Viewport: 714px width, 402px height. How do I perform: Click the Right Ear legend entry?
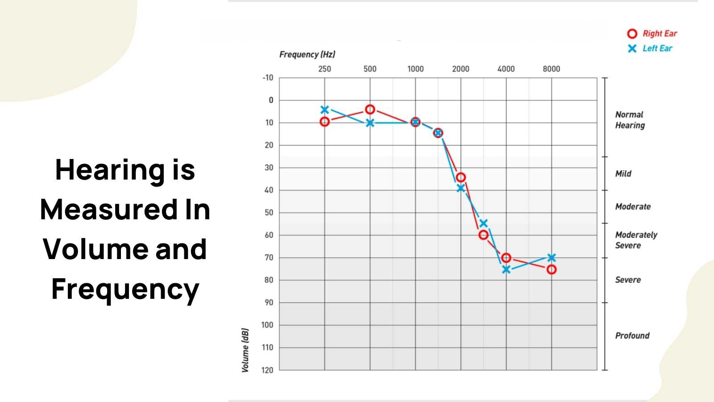(652, 33)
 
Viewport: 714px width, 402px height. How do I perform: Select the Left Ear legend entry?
(650, 48)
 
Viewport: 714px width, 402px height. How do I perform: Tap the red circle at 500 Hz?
(370, 109)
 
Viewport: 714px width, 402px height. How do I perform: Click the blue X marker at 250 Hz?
(325, 110)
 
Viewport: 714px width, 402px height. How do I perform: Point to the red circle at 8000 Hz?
(552, 269)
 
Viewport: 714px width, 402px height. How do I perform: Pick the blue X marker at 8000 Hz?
(552, 258)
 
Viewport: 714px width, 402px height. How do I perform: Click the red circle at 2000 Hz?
(461, 177)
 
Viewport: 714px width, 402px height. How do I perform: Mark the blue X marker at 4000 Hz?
(506, 269)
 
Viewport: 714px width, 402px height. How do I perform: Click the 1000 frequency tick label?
(415, 69)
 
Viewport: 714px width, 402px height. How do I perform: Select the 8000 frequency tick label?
(551, 69)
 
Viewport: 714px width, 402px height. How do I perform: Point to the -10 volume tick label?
(268, 78)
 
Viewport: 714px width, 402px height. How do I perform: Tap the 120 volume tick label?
(267, 370)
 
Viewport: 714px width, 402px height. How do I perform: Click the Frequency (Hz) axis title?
(307, 54)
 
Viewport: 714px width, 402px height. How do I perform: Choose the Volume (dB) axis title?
(245, 350)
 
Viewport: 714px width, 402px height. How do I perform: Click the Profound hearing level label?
(632, 335)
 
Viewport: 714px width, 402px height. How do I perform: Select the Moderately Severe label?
(636, 240)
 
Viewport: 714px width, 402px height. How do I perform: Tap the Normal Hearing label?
(630, 120)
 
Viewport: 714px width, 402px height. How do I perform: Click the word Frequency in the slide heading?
(125, 289)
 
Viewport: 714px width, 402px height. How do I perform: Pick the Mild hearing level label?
(623, 173)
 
